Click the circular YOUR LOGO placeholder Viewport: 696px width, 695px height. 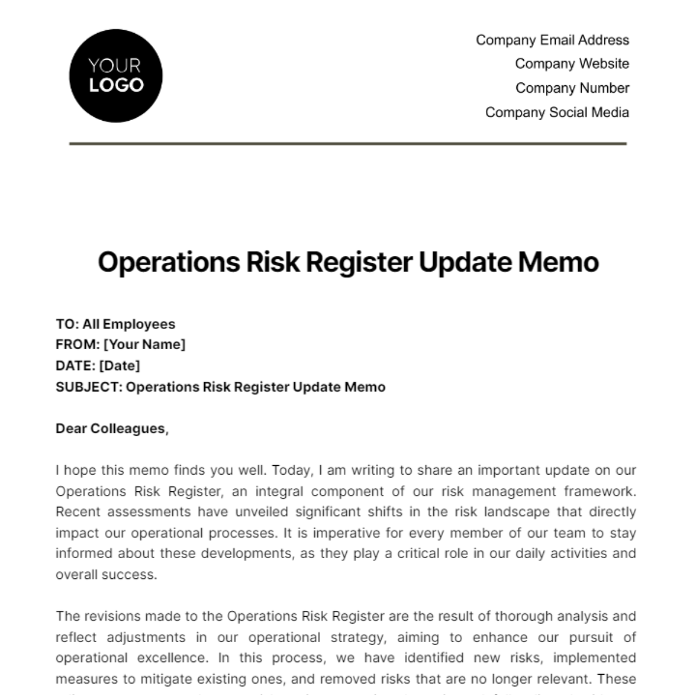[115, 76]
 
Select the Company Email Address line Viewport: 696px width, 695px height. [552, 40]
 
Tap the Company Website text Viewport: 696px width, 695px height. [571, 64]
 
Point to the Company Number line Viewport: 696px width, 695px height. [572, 88]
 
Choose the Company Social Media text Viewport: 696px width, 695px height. [557, 113]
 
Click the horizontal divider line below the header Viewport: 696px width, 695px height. [348, 143]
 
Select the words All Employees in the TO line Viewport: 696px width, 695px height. [128, 324]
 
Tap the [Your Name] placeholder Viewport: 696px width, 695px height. [144, 345]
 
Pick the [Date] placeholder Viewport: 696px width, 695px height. [119, 366]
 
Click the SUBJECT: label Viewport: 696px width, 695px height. [89, 387]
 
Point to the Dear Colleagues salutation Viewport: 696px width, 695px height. [112, 429]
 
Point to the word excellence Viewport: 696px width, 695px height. [172, 658]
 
